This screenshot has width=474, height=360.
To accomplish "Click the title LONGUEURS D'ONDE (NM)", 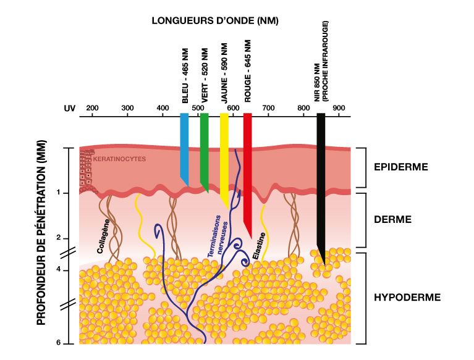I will pos(215,20).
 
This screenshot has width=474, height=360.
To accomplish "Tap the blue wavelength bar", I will pos(184,148).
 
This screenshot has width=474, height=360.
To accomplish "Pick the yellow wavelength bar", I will pos(224,161).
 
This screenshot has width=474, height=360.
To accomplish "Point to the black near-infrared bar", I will pos(321,185).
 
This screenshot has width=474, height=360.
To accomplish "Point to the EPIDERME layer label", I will pos(401,167).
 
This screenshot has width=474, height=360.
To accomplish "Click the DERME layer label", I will pos(393,219).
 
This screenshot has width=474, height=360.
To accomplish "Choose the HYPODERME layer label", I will pos(407,297).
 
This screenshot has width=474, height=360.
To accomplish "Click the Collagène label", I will pos(103,237).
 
